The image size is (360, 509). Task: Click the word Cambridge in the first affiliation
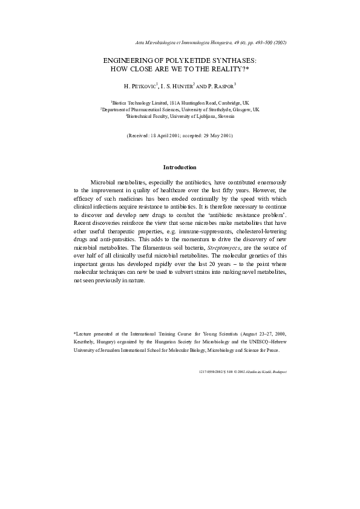point(220,103)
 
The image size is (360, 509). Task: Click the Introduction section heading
point(180,167)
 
